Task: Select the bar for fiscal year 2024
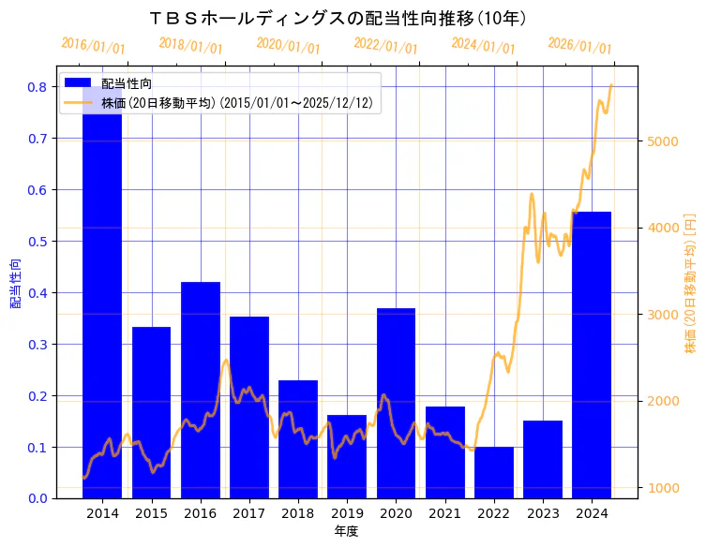(592, 355)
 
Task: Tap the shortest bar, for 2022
(494, 473)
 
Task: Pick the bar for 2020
(396, 403)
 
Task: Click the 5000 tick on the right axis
(662, 141)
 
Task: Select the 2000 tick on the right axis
(662, 402)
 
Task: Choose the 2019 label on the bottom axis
(347, 514)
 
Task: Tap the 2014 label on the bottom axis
(102, 514)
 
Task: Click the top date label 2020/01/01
(288, 46)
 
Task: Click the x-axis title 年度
(347, 532)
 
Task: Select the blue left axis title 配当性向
(15, 284)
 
